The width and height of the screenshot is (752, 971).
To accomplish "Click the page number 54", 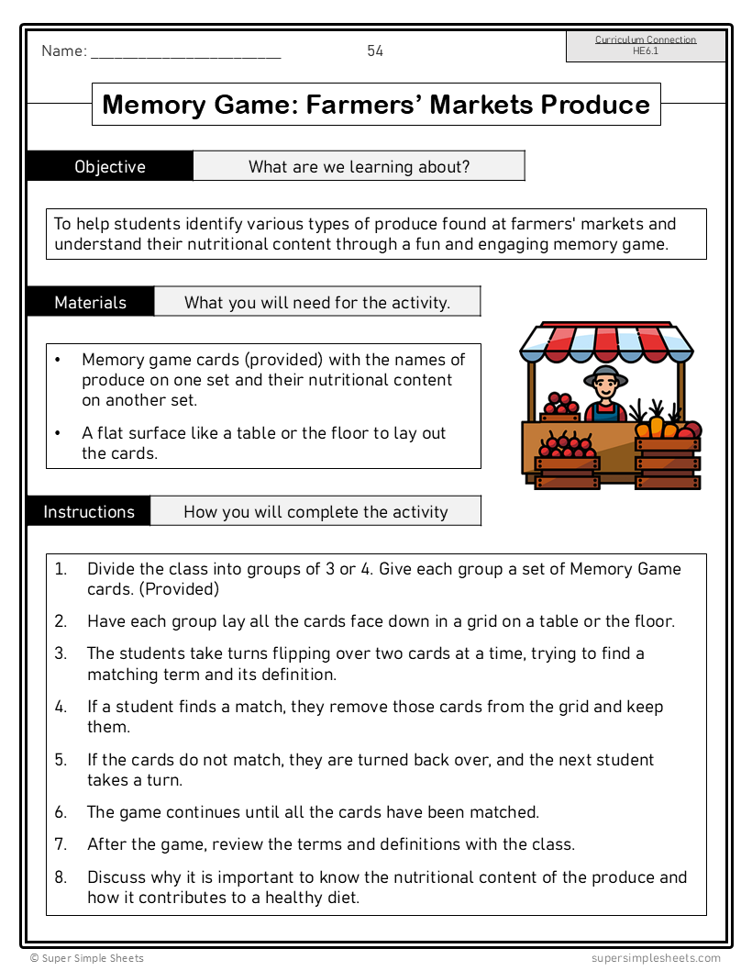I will [375, 51].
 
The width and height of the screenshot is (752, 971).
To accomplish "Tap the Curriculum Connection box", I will [646, 46].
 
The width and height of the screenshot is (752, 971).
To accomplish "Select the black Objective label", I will [110, 166].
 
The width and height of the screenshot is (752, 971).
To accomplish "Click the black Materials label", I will [90, 302].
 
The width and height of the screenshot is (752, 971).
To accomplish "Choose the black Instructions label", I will [89, 511].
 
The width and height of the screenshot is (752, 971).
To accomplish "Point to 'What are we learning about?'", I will [359, 166].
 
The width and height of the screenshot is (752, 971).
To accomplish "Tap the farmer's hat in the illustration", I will [605, 374].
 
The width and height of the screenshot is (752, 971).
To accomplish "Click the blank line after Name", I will [185, 53].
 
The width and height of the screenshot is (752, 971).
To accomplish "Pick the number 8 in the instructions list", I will [60, 876].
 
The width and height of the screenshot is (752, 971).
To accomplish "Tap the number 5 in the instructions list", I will [60, 760].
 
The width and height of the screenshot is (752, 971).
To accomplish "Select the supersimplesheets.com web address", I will [656, 958].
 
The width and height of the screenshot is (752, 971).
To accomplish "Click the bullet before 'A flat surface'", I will [58, 433].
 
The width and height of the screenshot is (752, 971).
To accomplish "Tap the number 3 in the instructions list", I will [60, 653].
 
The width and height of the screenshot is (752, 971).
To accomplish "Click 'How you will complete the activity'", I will [315, 512].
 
